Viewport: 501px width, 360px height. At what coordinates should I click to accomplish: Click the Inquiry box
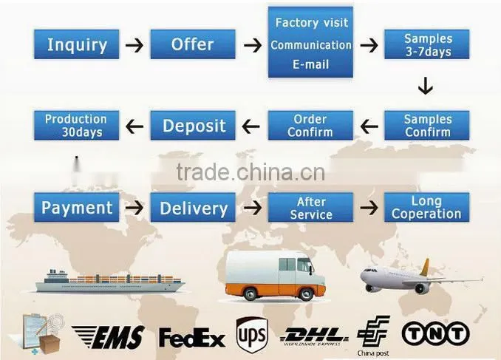pos(77,44)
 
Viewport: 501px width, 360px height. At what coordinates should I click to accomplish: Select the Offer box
pos(193,44)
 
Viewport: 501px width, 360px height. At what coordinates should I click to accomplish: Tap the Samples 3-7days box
pos(427,44)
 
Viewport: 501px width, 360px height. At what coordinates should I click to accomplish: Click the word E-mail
pos(311,64)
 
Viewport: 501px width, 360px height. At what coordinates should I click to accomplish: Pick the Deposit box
pos(193,126)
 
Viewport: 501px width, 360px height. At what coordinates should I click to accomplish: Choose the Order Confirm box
pos(310,126)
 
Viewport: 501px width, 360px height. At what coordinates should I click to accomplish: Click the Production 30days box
pos(77,126)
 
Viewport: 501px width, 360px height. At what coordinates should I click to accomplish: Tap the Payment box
pos(77,207)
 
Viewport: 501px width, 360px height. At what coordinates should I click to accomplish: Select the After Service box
pos(310,207)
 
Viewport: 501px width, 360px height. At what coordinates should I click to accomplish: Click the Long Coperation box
pos(427,207)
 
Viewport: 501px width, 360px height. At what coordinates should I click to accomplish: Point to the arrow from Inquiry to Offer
pos(134,45)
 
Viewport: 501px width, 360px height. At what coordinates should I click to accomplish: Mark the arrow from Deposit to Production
pos(134,126)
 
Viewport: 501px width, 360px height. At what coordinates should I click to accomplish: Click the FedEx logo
pos(192,337)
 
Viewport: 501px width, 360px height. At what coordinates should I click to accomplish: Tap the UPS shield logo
pos(252,335)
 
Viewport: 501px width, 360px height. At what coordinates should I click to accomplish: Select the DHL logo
pos(313,336)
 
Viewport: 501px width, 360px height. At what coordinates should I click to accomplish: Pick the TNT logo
pos(436,333)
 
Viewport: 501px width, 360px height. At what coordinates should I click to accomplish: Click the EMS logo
pos(109,337)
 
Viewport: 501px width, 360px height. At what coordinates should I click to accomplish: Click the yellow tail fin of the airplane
pos(425,268)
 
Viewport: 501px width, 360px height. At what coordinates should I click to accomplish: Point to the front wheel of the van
pos(305,293)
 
